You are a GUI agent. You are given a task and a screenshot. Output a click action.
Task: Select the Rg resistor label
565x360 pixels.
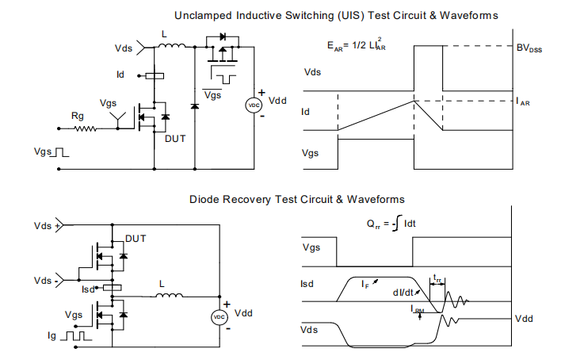tap(78, 116)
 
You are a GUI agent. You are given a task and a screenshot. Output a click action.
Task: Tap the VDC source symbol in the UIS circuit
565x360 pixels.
tap(254, 105)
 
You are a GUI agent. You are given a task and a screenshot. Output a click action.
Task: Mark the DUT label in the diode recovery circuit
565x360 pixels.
tap(137, 238)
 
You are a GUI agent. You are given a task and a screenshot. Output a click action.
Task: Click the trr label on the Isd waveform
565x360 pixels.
tap(438, 279)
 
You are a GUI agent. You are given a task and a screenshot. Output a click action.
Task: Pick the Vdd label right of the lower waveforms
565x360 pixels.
tap(525, 318)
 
